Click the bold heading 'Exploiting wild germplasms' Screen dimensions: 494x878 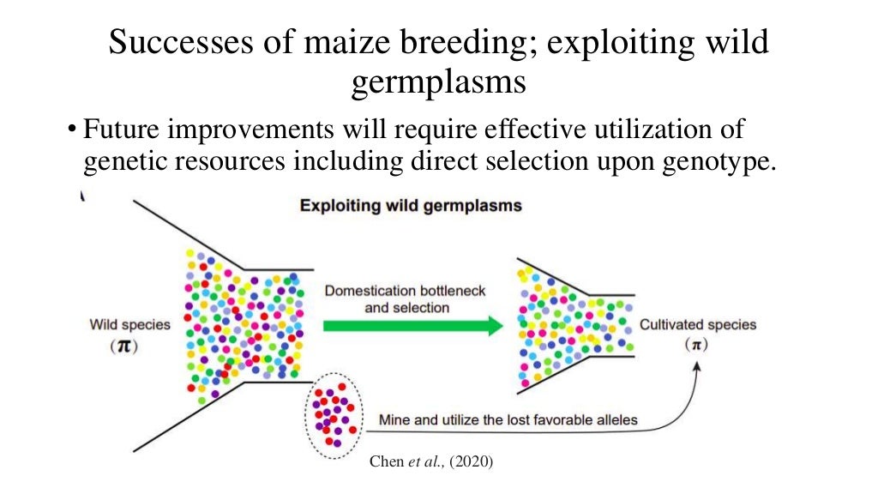[411, 206]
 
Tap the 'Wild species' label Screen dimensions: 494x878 [129, 325]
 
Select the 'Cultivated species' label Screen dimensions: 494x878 [698, 325]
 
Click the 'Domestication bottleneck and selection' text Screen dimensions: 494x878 [406, 299]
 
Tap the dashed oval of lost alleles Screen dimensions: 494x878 [333, 415]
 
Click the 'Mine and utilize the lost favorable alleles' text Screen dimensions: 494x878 [508, 420]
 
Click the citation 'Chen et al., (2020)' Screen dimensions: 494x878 [431, 461]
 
